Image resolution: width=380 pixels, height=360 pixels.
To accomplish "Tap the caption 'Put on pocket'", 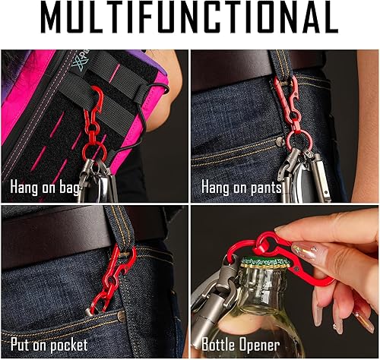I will tap(49, 345).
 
